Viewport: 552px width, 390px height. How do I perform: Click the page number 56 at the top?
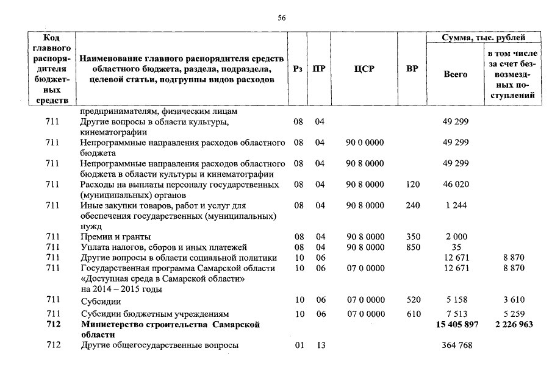[281, 18]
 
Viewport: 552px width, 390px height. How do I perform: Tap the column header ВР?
[412, 69]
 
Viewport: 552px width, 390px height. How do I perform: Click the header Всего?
[455, 74]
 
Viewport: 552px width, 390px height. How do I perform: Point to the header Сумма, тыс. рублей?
[484, 38]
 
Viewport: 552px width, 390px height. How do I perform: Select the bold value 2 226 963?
[510, 325]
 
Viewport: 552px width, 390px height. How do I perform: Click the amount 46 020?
[455, 184]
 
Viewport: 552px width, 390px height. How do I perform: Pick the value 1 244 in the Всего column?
[455, 205]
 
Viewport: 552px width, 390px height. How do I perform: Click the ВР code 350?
[412, 236]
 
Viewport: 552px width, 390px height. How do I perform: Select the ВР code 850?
[412, 247]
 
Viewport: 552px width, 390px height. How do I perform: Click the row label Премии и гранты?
[116, 236]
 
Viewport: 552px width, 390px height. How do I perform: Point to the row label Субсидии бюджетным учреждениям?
[155, 314]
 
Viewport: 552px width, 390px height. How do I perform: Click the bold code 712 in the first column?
[53, 325]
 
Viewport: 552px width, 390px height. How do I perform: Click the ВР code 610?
[412, 314]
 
